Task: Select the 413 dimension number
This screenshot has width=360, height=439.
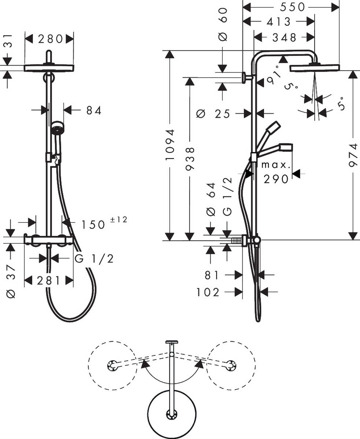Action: (x=278, y=22)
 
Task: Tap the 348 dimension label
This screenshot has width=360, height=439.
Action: (x=285, y=37)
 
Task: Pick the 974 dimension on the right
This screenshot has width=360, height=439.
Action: (x=353, y=155)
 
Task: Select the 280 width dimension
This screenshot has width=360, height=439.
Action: (x=49, y=38)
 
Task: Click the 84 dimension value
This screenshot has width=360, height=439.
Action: (x=94, y=110)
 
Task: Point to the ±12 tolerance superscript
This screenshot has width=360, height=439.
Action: (x=119, y=220)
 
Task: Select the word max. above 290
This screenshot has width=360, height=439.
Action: (x=276, y=165)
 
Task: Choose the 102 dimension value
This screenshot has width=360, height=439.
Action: (x=208, y=292)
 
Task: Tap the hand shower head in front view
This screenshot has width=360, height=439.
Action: (x=57, y=128)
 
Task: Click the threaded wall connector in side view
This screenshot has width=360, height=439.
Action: (x=238, y=241)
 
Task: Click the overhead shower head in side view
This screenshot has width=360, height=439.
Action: (x=314, y=68)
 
